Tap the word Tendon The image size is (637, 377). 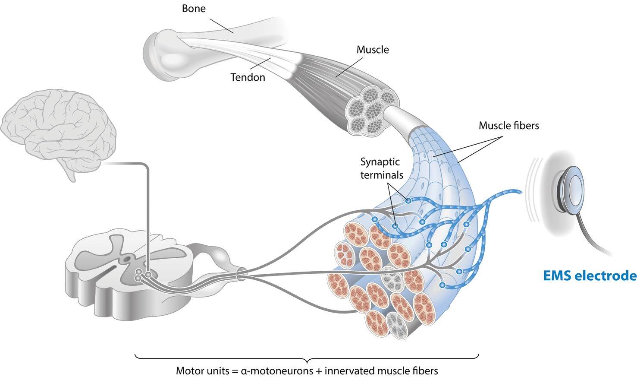coord(248,77)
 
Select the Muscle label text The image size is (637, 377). coord(373,50)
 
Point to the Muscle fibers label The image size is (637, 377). coord(509,126)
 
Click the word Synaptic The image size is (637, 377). coord(380,162)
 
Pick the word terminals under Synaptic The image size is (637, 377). coord(382,175)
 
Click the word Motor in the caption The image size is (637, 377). coord(188,371)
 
